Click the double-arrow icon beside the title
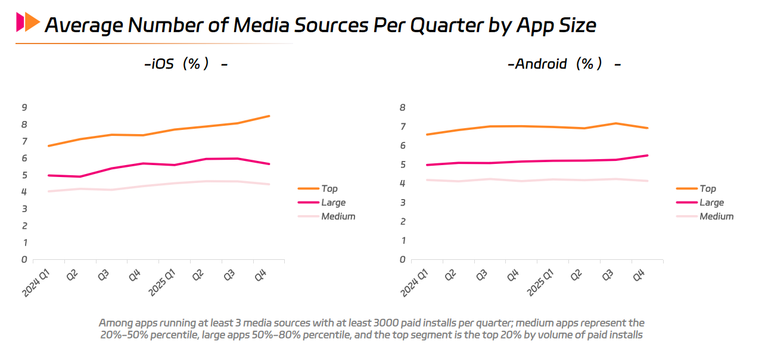pyautogui.click(x=28, y=23)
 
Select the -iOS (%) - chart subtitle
pyautogui.click(x=186, y=64)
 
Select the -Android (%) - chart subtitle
pyautogui.click(x=564, y=64)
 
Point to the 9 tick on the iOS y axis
pyautogui.click(x=24, y=107)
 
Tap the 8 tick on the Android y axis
pyautogui.click(x=402, y=107)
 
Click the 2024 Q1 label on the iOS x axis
pyautogui.click(x=36, y=282)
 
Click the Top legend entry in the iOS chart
pyautogui.click(x=329, y=188)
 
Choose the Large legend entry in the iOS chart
pyautogui.click(x=333, y=203)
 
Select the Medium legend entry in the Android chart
pyautogui.click(x=716, y=216)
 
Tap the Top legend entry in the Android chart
pyautogui.click(x=707, y=188)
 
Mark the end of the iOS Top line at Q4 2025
pyautogui.click(x=269, y=116)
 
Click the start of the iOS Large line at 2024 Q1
pyautogui.click(x=48, y=175)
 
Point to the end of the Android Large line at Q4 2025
pyautogui.click(x=648, y=156)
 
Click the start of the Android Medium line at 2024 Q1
pyautogui.click(x=426, y=180)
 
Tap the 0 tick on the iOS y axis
pyautogui.click(x=24, y=259)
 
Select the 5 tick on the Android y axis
pyautogui.click(x=402, y=165)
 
